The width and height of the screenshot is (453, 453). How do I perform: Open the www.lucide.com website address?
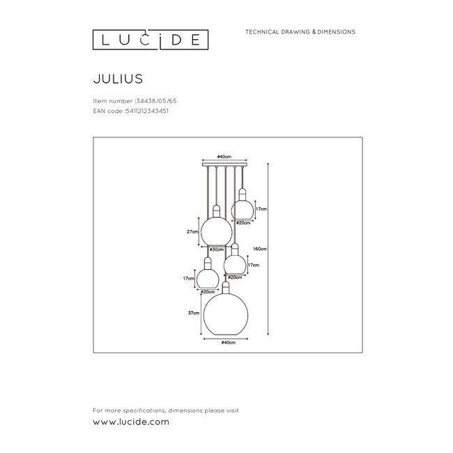tap(130, 422)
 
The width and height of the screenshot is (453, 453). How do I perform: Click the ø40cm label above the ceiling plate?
tap(224, 158)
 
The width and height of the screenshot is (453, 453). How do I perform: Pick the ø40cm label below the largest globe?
tap(225, 342)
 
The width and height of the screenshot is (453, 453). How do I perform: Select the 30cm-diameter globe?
tap(216, 230)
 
